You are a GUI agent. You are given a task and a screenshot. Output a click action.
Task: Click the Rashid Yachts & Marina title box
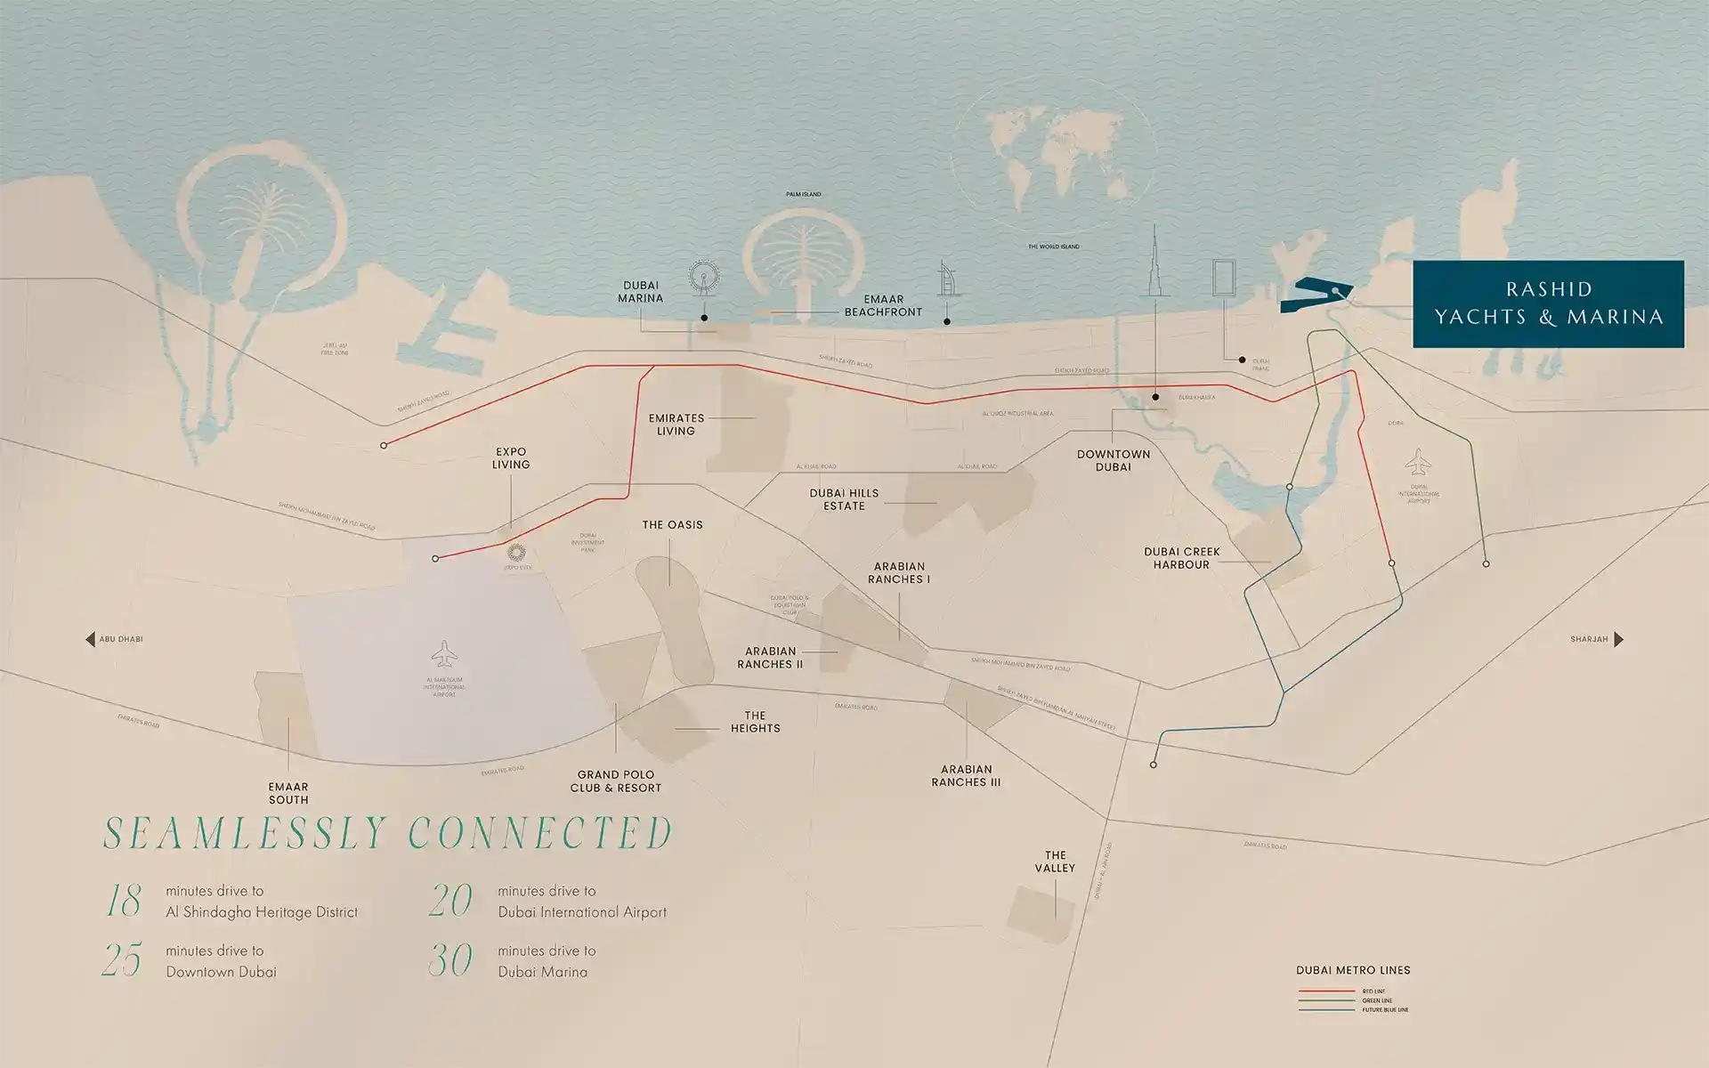click(1548, 303)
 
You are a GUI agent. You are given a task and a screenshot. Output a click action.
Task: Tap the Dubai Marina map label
click(640, 292)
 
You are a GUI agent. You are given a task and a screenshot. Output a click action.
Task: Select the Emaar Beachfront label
click(883, 305)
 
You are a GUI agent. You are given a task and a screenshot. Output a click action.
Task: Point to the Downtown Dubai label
click(1114, 460)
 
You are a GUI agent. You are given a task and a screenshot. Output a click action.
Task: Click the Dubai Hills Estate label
click(844, 499)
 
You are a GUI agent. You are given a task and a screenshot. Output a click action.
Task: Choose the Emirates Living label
click(676, 425)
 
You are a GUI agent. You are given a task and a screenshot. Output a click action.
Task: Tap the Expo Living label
click(511, 458)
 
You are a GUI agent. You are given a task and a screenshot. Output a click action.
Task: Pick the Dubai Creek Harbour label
click(1181, 558)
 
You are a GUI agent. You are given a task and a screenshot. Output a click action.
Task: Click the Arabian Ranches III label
click(966, 775)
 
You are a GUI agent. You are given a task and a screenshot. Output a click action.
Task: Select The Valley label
click(1055, 862)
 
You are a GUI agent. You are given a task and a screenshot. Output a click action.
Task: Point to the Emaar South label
click(288, 793)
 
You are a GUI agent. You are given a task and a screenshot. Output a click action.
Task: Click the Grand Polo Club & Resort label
click(616, 781)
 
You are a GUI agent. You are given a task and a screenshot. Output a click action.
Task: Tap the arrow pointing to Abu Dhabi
click(90, 639)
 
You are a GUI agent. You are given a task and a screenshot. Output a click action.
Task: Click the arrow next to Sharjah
click(1618, 639)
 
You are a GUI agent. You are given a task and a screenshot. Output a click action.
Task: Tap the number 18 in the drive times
click(124, 901)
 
